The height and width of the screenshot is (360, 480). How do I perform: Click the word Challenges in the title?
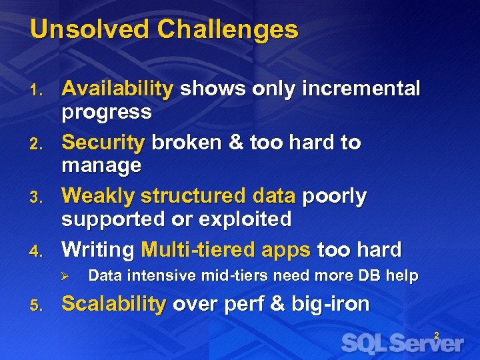click(x=228, y=29)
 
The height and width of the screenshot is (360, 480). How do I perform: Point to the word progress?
click(x=107, y=112)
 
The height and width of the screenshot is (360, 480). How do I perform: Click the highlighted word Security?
click(x=103, y=143)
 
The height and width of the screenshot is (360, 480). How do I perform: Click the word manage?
click(x=101, y=165)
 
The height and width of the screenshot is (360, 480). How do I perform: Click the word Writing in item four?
click(x=98, y=250)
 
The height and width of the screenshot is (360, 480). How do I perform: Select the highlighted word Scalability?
click(x=113, y=304)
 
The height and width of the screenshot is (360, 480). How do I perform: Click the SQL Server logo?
click(x=401, y=343)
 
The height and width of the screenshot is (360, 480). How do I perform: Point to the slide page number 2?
click(x=437, y=336)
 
